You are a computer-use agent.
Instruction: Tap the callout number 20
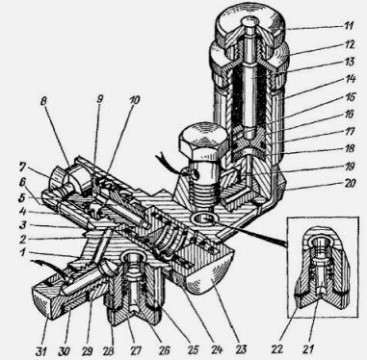tap(349, 183)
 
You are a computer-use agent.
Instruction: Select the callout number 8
tap(45, 102)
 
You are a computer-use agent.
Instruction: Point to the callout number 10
tap(134, 100)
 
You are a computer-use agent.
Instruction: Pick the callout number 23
tap(241, 348)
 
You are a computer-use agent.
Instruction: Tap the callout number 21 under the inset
tap(308, 348)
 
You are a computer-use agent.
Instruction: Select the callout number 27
tap(136, 350)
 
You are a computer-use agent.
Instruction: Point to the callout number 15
tap(347, 96)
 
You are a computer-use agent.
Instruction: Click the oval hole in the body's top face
tap(203, 220)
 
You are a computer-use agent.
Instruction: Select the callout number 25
tap(193, 349)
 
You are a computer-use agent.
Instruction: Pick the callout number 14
tap(349, 79)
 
